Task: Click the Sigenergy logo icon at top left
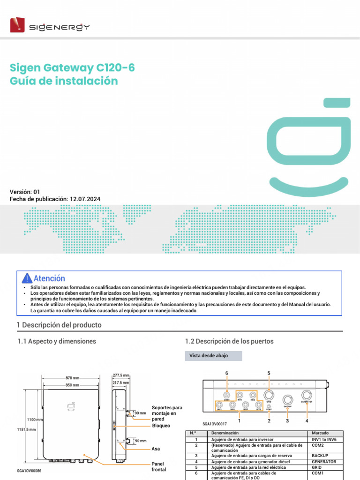(x=18, y=24)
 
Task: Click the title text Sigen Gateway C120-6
(x=72, y=67)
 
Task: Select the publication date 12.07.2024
(x=85, y=199)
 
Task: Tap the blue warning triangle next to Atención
(x=27, y=278)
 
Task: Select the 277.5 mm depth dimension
(x=121, y=375)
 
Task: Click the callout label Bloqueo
(x=161, y=426)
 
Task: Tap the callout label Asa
(x=156, y=449)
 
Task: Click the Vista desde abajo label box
(x=214, y=356)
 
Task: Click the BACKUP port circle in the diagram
(x=287, y=400)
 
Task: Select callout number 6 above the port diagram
(x=227, y=373)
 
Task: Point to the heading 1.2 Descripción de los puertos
(x=229, y=341)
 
